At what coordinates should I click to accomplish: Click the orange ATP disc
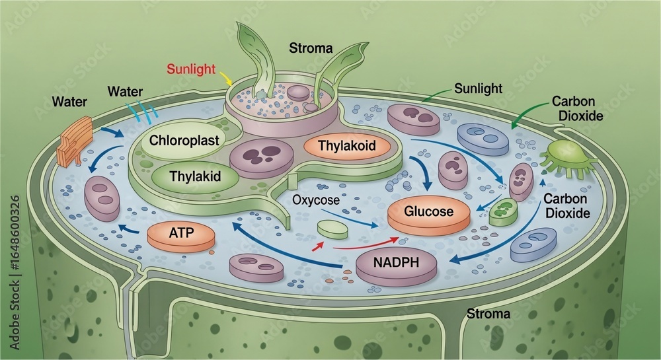[180, 234]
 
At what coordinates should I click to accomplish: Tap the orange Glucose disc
[429, 213]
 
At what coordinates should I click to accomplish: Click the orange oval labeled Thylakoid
[346, 145]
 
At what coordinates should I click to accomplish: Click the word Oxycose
[315, 199]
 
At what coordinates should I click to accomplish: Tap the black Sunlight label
[478, 88]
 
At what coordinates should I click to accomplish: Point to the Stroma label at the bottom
[488, 313]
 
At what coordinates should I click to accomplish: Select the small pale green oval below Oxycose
[332, 229]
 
